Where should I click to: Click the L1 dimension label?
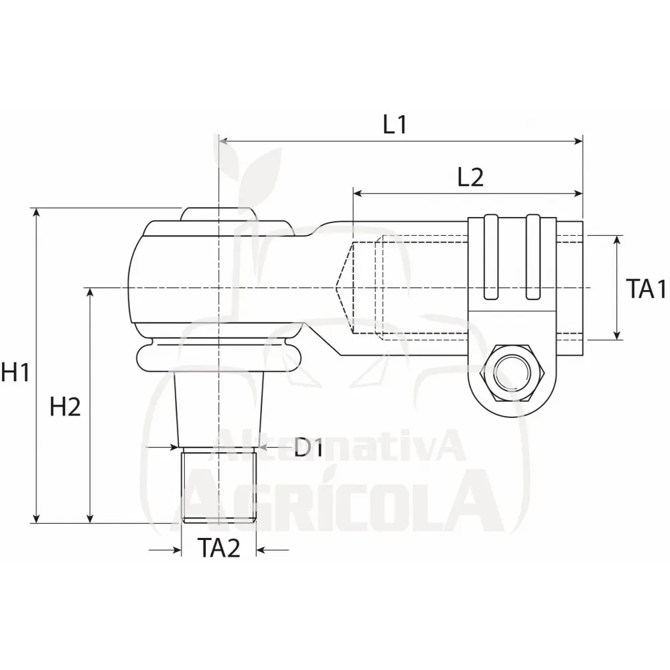(395, 125)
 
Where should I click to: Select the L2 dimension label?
(470, 178)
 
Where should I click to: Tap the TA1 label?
(646, 288)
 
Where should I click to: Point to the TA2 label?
(219, 548)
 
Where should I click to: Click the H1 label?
(15, 371)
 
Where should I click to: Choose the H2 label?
(65, 407)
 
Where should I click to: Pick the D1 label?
(308, 448)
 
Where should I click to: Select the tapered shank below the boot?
(219, 409)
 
